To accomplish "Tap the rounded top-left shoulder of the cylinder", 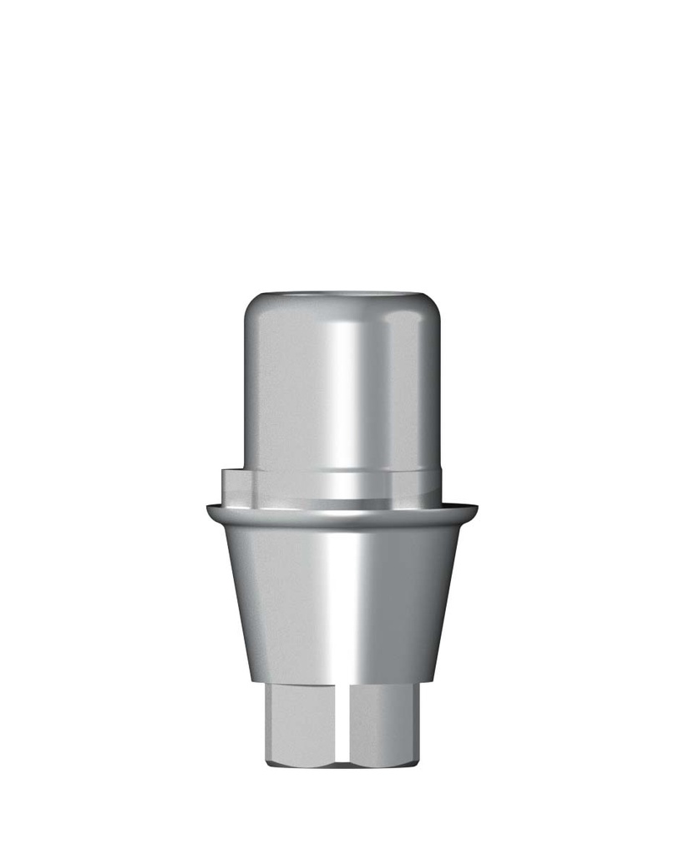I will pyautogui.click(x=252, y=308).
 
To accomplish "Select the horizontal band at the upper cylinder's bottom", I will pyautogui.click(x=342, y=484).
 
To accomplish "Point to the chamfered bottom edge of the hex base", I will pyautogui.click(x=342, y=761).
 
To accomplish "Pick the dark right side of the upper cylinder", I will pyautogui.click(x=426, y=384).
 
